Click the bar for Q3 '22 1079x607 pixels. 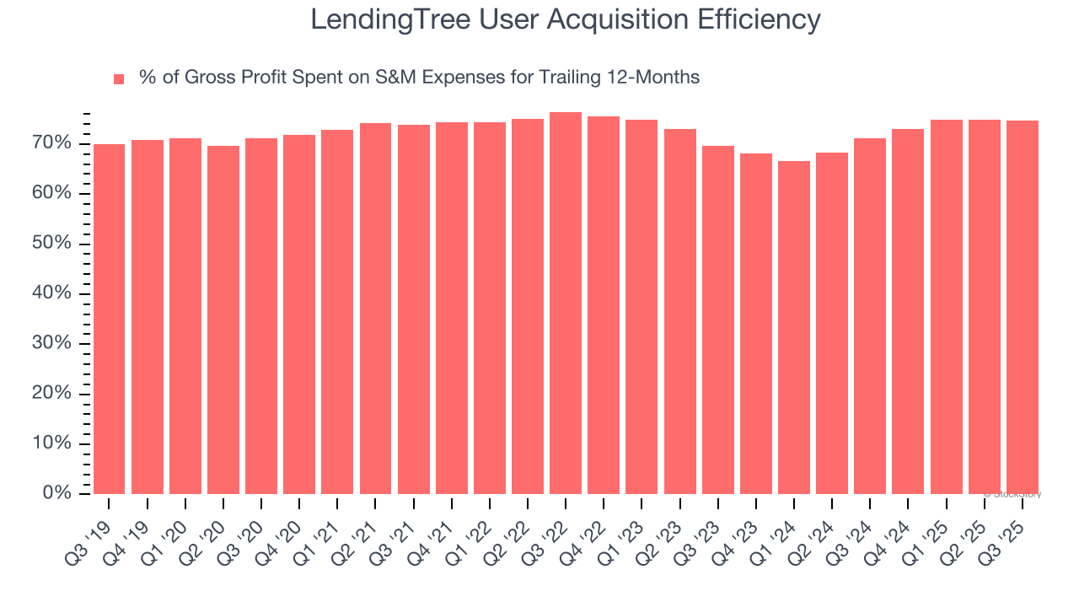point(565,303)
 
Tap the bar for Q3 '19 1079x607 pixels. point(109,319)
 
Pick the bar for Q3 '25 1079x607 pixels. point(1022,308)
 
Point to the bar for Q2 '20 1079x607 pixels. point(223,320)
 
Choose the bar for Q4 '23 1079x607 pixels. point(755,324)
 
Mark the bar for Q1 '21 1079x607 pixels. point(337,312)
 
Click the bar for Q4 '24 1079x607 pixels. point(908,312)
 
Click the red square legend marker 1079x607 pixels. point(119,79)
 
